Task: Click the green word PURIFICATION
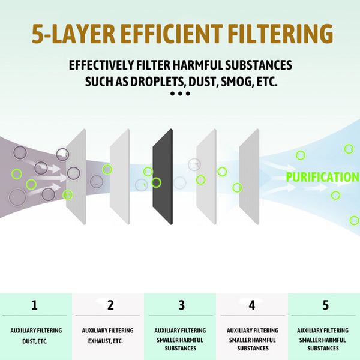[323, 177]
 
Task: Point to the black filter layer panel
[163, 176]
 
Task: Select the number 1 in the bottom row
[34, 305]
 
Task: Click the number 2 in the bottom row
[110, 305]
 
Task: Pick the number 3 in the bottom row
[181, 305]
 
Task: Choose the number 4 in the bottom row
[252, 305]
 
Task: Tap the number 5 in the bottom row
[326, 305]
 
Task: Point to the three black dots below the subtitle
[180, 94]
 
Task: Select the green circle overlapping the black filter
[156, 182]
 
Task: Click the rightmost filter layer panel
[249, 176]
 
